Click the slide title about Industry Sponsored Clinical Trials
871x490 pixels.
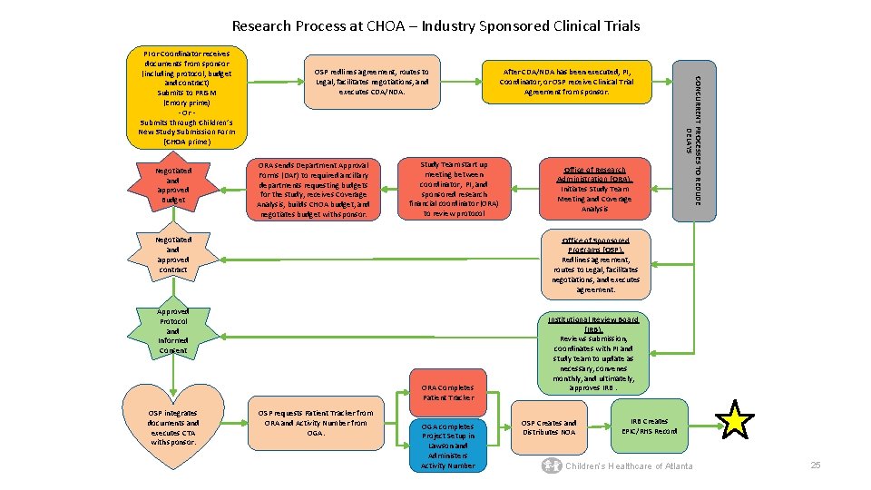pyautogui.click(x=435, y=25)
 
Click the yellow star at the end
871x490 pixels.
pyautogui.click(x=735, y=420)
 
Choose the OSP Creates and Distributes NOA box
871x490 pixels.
pyautogui.click(x=549, y=427)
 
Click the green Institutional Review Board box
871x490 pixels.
pyautogui.click(x=593, y=355)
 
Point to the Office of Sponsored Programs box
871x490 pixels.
pyautogui.click(x=595, y=264)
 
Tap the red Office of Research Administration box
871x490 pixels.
pyautogui.click(x=595, y=189)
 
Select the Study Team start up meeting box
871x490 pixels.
pyautogui.click(x=454, y=189)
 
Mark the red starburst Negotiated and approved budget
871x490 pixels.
pyautogui.click(x=173, y=185)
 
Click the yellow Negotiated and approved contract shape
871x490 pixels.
pyautogui.click(x=173, y=255)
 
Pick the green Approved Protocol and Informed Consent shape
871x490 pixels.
pyautogui.click(x=173, y=330)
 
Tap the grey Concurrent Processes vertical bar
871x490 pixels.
pyautogui.click(x=693, y=140)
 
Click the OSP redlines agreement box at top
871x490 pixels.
pyautogui.click(x=371, y=82)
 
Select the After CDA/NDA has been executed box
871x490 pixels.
pyautogui.click(x=566, y=82)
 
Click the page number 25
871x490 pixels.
pyautogui.click(x=815, y=465)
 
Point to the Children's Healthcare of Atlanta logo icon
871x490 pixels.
pyautogui.click(x=551, y=465)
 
